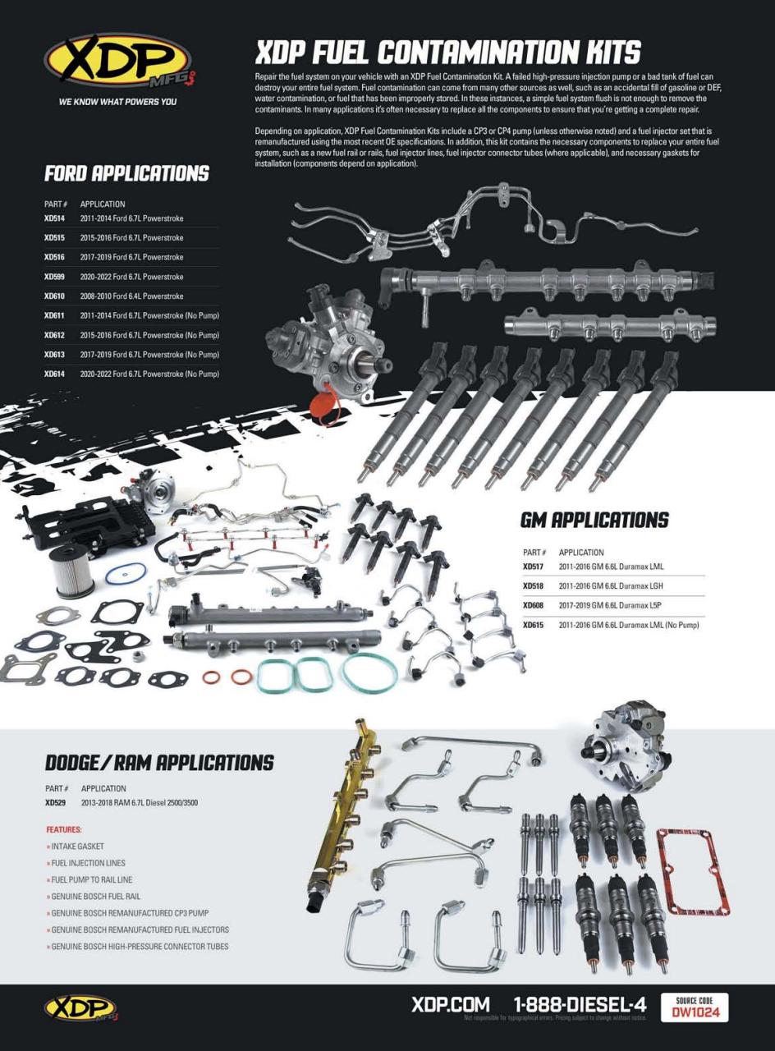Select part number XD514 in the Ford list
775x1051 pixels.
tap(54, 218)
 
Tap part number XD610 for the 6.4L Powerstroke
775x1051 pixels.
tap(54, 296)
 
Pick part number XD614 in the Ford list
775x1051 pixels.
tap(54, 374)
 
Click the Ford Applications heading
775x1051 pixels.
tap(126, 174)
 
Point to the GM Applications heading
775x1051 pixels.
tap(594, 521)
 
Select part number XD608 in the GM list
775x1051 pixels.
tap(533, 606)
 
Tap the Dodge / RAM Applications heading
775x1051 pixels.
tap(158, 763)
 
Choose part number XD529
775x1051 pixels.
tap(55, 803)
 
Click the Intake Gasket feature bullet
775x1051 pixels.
tap(76, 846)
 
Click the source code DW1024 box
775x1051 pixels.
tap(695, 1007)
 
